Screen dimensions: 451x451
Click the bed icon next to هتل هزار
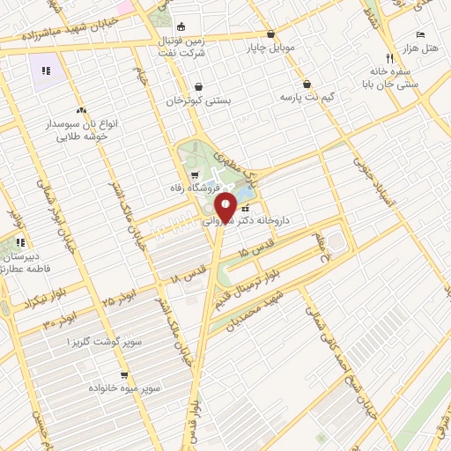point(420,33)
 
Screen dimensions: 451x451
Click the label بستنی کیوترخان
point(199,100)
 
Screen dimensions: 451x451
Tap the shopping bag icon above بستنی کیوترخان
point(199,86)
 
